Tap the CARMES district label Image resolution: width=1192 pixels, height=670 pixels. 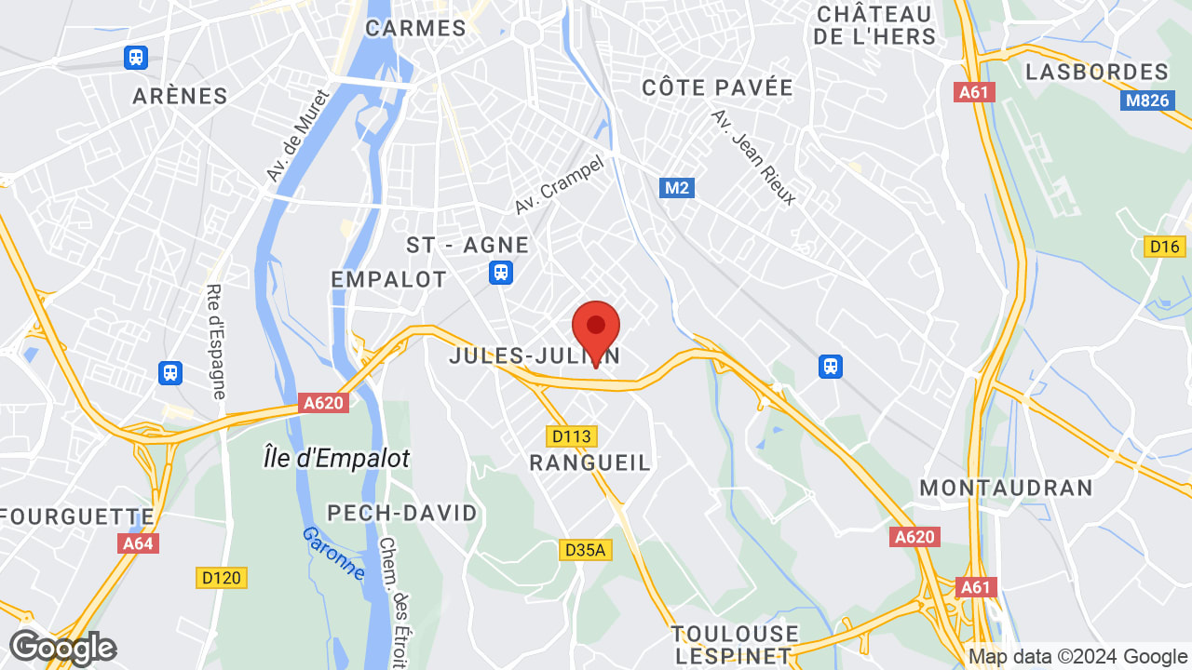[415, 28]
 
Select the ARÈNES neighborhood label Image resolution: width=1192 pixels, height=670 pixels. [181, 96]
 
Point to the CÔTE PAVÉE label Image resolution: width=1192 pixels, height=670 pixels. [717, 88]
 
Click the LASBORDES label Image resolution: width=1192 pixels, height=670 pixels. [1096, 72]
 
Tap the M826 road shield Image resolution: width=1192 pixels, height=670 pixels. [1146, 100]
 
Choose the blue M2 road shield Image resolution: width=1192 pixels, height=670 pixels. [677, 188]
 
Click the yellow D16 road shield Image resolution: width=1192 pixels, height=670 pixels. [1163, 246]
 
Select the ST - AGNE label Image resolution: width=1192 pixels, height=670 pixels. [467, 246]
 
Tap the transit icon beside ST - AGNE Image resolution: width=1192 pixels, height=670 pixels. [501, 272]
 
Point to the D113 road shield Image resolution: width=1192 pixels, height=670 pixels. [571, 435]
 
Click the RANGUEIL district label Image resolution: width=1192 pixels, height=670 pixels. [589, 462]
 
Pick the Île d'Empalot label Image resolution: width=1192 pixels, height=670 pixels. [336, 458]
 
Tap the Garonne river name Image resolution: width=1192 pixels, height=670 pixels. [332, 553]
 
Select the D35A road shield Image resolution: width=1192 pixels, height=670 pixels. [585, 550]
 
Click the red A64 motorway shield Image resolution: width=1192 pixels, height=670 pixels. [138, 543]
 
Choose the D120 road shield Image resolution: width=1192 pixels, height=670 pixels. [221, 578]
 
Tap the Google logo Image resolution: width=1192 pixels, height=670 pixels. [62, 648]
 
